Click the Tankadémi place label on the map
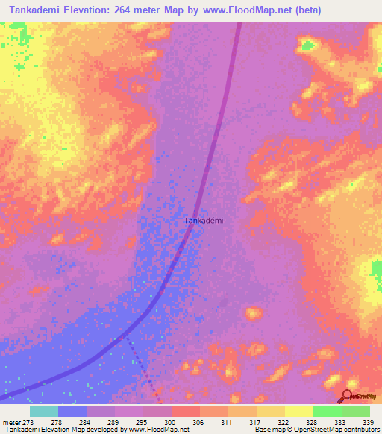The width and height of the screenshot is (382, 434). click(x=204, y=221)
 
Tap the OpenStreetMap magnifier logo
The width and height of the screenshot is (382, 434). click(x=348, y=397)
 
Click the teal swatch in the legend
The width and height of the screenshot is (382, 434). click(x=44, y=411)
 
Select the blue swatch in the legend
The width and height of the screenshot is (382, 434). click(x=72, y=411)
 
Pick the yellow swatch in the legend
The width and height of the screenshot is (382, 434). click(x=298, y=411)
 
